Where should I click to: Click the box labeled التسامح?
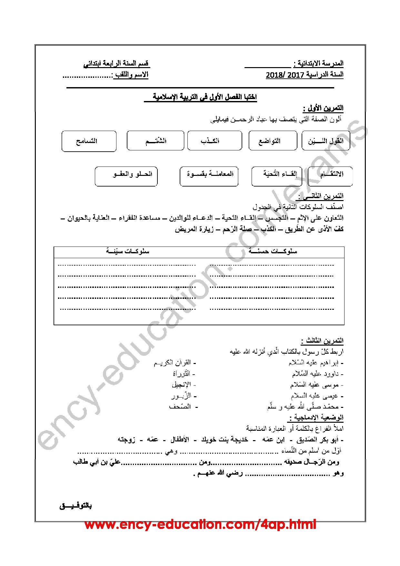[x=89, y=141]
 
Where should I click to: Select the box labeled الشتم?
[x=155, y=141]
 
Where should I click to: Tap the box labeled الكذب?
[x=215, y=141]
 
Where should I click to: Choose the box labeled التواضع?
[x=273, y=141]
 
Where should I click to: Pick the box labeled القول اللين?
[x=326, y=141]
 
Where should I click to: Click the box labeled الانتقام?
[x=330, y=177]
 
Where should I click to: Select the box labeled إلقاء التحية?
[x=276, y=176]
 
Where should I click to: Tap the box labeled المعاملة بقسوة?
[x=209, y=176]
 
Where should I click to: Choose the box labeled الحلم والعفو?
[x=126, y=176]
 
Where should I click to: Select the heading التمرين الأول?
[x=323, y=108]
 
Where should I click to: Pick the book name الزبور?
[x=182, y=396]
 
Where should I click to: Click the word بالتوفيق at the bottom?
[x=76, y=506]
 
